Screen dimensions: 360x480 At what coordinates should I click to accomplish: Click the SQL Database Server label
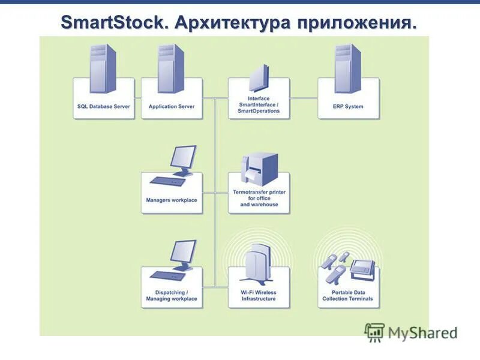point(104,107)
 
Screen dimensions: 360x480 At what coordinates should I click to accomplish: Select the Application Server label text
point(172,107)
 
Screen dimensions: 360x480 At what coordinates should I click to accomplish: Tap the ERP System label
point(349,107)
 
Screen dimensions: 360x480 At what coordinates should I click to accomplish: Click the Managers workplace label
point(172,200)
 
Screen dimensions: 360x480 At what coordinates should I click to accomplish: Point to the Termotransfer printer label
point(259,198)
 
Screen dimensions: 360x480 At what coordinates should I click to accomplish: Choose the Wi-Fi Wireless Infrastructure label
point(259,296)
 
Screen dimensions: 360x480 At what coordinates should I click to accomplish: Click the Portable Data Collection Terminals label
point(348,296)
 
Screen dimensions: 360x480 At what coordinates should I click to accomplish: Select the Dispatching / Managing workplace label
point(172,296)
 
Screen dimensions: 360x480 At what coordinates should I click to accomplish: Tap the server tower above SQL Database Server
point(103,67)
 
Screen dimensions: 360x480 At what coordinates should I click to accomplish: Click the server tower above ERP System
point(347,67)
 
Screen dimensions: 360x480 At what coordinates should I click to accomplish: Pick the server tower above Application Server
point(170,67)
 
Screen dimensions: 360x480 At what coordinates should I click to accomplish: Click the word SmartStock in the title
point(113,24)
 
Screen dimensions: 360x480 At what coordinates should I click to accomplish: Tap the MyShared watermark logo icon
point(374,332)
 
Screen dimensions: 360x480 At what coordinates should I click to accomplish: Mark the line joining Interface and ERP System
point(304,98)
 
